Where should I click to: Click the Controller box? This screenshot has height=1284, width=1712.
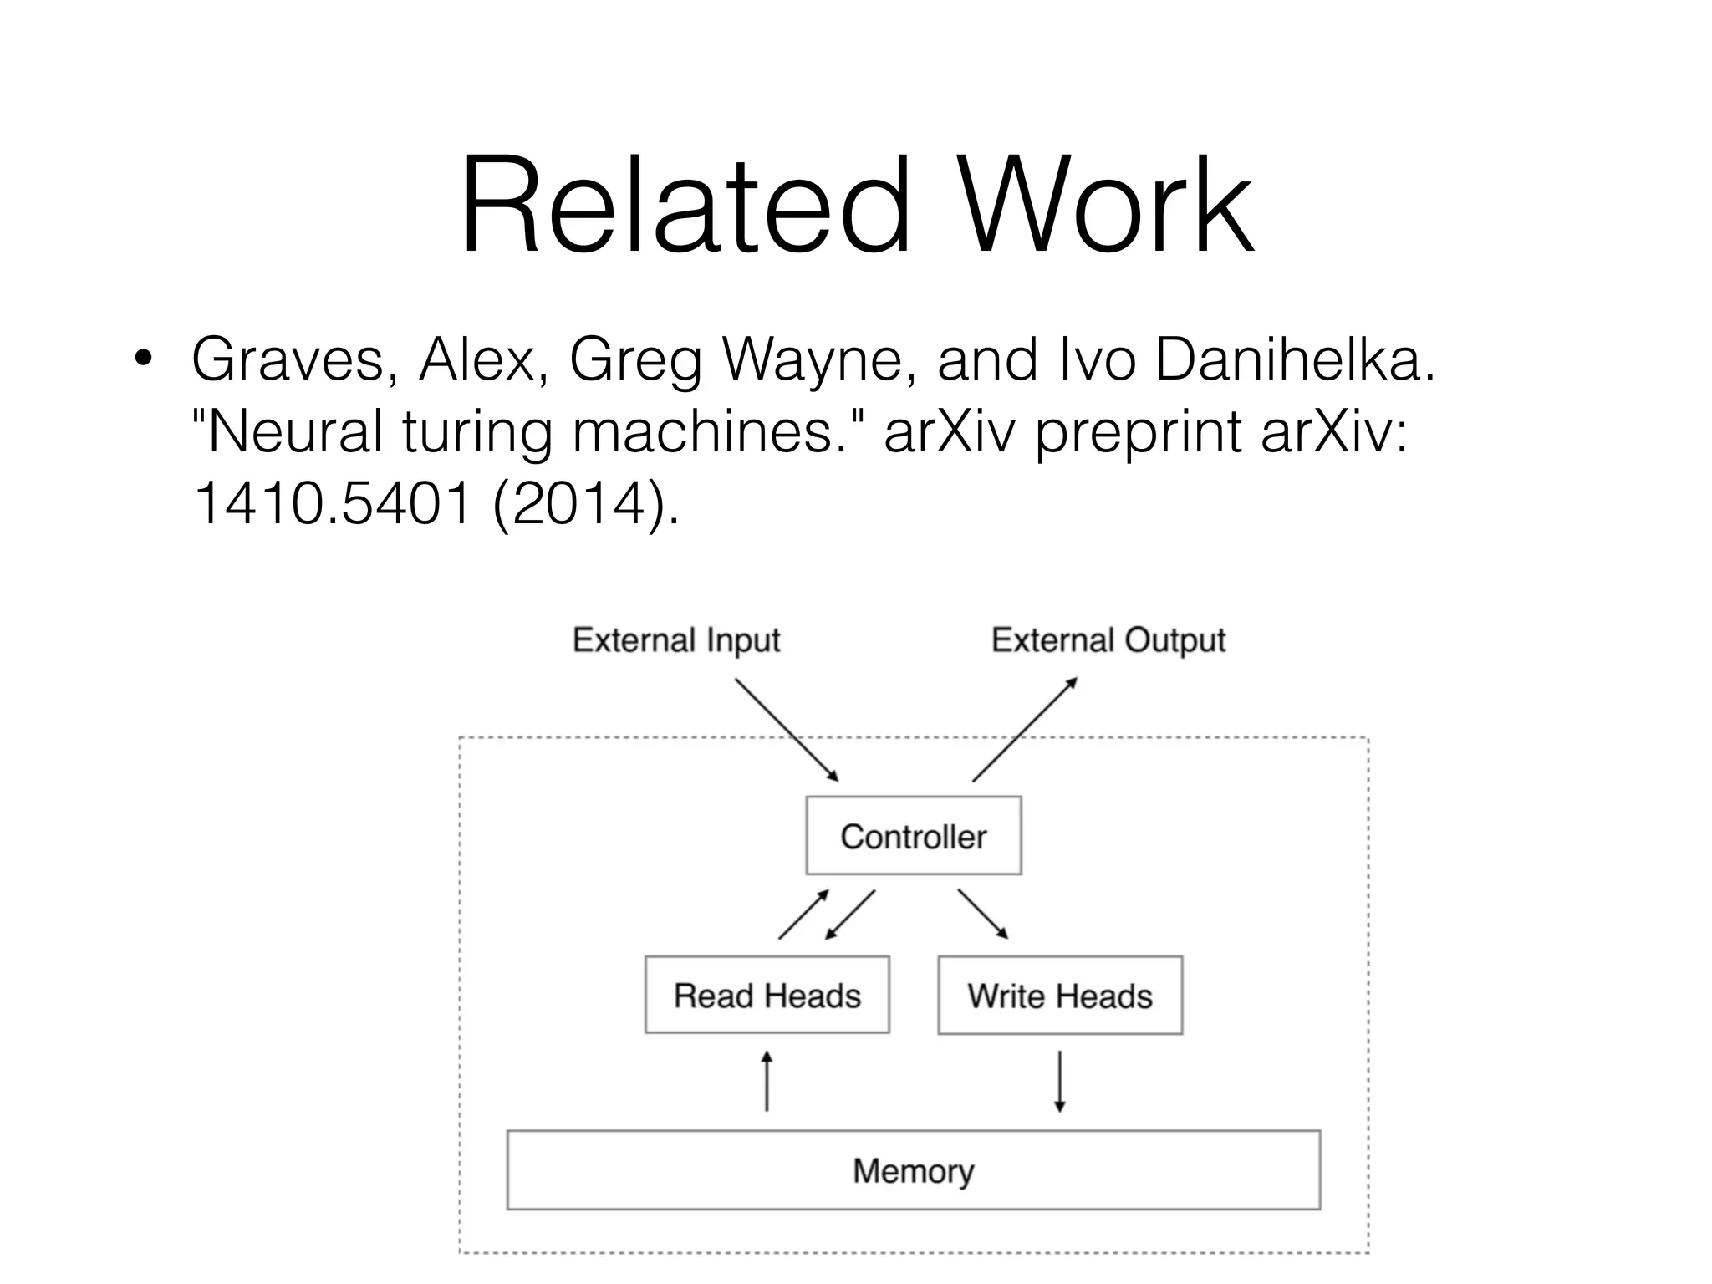(913, 835)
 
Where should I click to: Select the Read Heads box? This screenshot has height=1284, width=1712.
(767, 995)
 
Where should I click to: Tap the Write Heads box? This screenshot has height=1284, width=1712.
(1059, 995)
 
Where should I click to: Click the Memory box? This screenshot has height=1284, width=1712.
(913, 1169)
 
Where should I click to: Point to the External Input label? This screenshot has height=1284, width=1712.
(675, 640)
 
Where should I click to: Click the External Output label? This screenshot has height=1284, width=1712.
(1108, 640)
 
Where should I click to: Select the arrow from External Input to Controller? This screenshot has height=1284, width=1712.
(786, 729)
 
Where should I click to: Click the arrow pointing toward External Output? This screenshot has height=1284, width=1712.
(1025, 729)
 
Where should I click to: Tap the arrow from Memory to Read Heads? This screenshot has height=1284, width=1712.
(767, 1082)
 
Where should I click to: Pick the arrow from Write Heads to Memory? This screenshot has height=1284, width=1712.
(1059, 1082)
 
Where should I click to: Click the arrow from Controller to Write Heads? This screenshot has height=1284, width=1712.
(983, 914)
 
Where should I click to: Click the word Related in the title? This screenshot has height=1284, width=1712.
(684, 205)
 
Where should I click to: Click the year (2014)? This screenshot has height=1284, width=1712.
(585, 505)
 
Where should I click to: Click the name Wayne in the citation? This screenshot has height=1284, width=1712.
(815, 359)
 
